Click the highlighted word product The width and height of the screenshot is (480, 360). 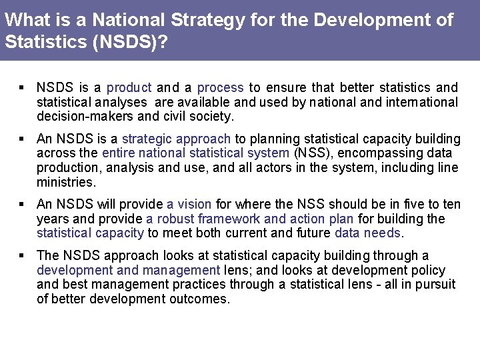coord(129,87)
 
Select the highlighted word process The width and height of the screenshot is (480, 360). coord(220,87)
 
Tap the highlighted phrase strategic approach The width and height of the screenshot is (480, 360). coord(176,139)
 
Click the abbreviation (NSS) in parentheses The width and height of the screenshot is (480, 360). coord(309,153)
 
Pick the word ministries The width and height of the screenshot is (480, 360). coord(66,182)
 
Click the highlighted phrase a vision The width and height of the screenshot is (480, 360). coord(189,204)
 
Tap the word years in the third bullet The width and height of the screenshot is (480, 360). coord(52,219)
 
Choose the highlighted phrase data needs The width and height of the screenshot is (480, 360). coord(367,233)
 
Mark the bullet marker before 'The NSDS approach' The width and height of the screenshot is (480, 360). coord(22,255)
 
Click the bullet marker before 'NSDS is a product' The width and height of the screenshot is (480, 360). coord(22,87)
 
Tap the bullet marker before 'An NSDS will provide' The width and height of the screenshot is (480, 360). coord(22,204)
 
